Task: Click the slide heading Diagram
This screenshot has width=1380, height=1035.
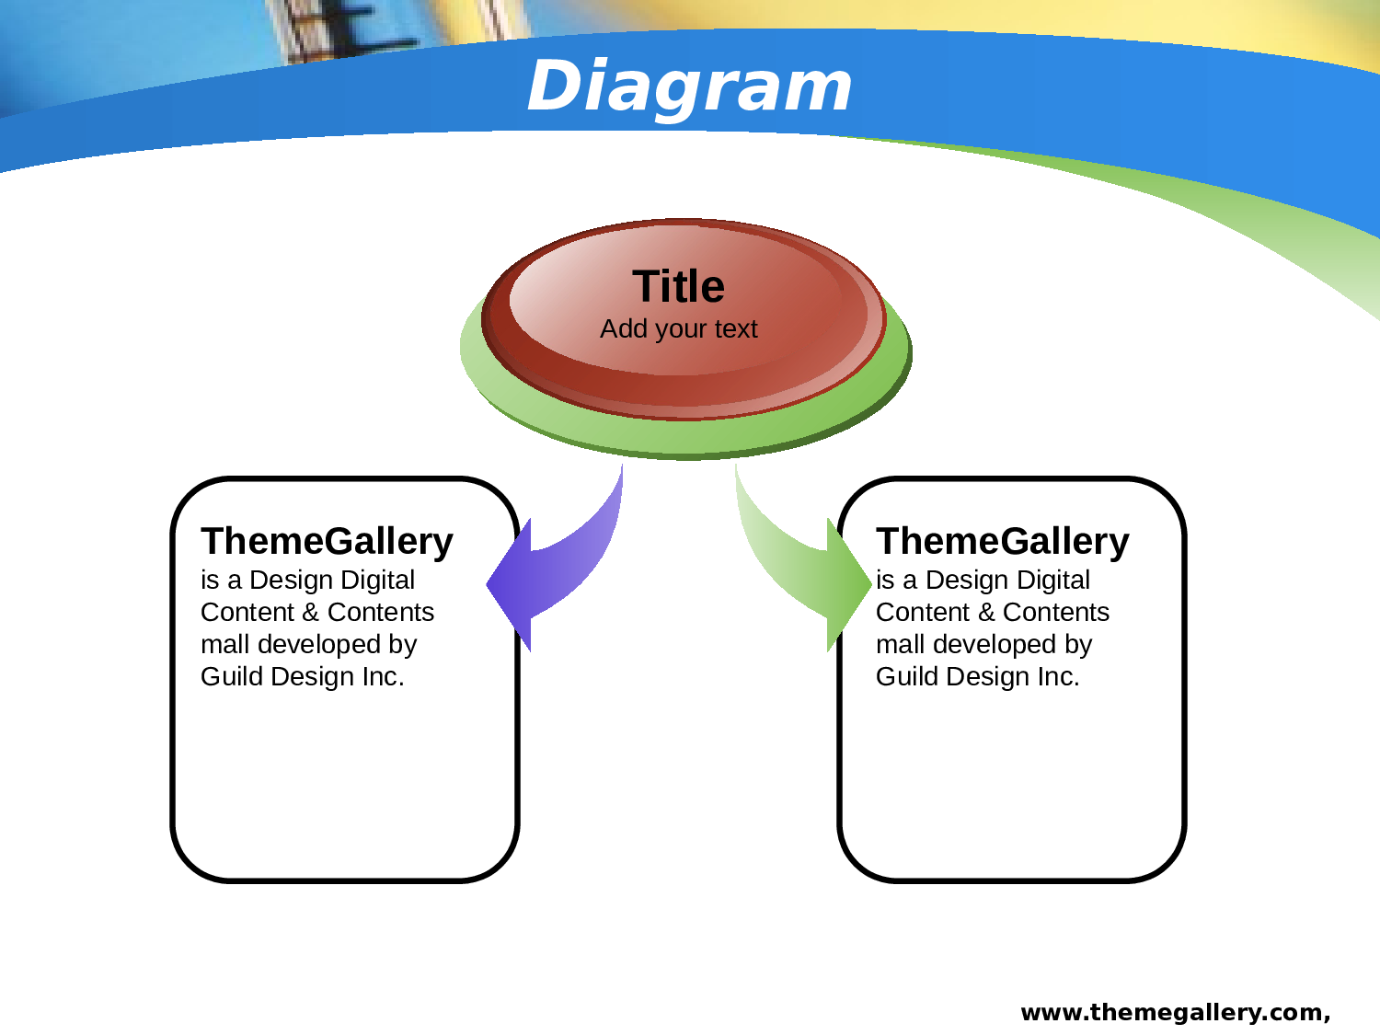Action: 690,86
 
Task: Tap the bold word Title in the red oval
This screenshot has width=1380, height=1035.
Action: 678,286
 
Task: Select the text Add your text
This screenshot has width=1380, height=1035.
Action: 678,329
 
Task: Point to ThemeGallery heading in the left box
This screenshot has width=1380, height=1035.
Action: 327,541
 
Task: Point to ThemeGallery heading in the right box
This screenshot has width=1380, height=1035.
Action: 1003,541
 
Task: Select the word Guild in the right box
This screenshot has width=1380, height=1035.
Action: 906,677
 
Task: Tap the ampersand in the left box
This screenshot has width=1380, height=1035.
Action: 311,613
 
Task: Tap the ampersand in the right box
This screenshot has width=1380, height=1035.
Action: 986,613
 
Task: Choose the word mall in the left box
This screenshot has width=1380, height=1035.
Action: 225,645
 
